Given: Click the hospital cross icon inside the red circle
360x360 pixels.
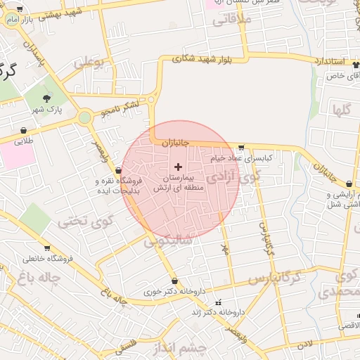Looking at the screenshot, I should (178, 167).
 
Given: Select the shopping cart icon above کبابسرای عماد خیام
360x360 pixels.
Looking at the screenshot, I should (242, 148).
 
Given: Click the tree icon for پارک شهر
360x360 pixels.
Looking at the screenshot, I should (48, 98).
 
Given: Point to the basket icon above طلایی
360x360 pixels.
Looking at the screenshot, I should (25, 130).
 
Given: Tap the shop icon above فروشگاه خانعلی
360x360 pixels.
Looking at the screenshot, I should (47, 247).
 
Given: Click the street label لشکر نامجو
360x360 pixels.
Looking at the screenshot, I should (120, 108).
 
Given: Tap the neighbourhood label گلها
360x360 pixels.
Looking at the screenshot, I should (342, 110).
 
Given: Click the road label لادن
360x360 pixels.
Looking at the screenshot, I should (304, 344).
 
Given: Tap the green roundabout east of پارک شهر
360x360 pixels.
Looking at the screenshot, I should (85, 118).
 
